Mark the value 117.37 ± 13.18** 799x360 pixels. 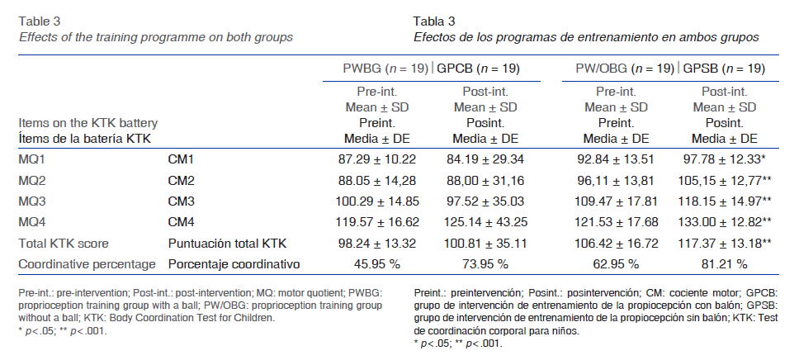(x=727, y=243)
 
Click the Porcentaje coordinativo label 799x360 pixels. (x=234, y=264)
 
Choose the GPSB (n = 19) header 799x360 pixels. (x=723, y=69)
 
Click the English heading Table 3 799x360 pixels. (x=40, y=21)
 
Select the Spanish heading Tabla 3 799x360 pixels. (x=434, y=21)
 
